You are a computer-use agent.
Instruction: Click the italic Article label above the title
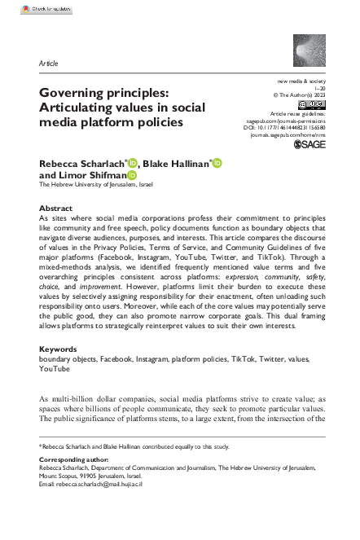(48, 63)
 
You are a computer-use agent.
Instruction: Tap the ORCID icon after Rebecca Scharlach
(134, 163)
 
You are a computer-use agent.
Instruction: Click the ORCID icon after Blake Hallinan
(217, 163)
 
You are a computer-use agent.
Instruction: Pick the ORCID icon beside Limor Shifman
(130, 174)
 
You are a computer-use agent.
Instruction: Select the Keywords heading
(59, 371)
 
